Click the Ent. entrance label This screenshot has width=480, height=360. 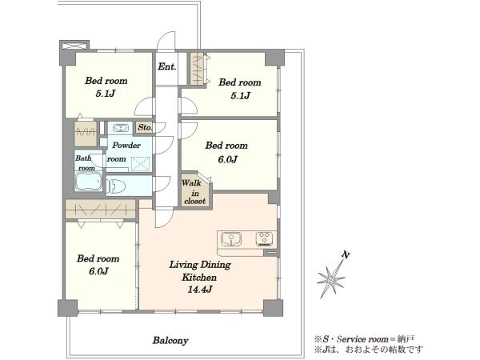[x=167, y=66]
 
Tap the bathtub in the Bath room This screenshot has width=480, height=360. [x=88, y=182]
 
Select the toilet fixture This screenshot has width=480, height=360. [x=116, y=186]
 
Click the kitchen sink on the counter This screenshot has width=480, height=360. [x=231, y=238]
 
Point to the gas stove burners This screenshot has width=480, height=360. [x=266, y=238]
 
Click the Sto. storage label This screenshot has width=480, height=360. [x=145, y=127]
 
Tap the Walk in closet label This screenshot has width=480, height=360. [x=194, y=192]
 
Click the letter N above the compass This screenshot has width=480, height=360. [x=346, y=254]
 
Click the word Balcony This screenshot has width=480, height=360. [x=170, y=341]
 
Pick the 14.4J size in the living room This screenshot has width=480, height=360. [x=200, y=290]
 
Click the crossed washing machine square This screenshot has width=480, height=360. [x=141, y=164]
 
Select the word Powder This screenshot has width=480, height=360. [x=126, y=145]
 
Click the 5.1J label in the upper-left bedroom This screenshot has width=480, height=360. [x=106, y=94]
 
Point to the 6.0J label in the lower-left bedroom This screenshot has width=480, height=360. [x=98, y=271]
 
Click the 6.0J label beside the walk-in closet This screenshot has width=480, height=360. [x=227, y=159]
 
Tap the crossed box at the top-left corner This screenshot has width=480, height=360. [x=74, y=46]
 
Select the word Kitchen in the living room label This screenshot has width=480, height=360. [x=199, y=278]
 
